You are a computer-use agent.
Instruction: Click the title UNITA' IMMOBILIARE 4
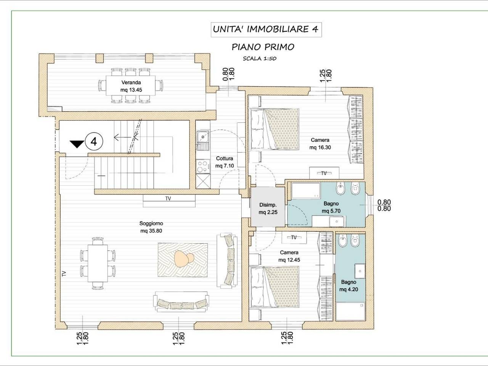266,29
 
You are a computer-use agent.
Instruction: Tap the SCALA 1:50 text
260,58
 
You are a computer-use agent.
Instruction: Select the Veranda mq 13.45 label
131,86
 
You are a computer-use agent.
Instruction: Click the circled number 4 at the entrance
94,141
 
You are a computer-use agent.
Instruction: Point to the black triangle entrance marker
77,144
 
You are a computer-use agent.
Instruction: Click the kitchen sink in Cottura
203,140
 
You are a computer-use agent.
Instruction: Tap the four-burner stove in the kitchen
203,166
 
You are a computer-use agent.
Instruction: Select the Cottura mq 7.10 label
225,162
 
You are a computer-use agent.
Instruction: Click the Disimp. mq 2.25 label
268,209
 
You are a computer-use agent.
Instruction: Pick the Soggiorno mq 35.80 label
151,227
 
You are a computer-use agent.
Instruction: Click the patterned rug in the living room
183,260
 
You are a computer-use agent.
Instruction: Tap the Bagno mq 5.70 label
331,207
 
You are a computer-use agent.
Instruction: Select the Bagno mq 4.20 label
348,286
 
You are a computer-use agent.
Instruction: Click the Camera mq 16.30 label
320,144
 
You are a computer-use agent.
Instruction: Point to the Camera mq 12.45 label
289,256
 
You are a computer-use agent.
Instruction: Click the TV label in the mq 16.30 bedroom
324,173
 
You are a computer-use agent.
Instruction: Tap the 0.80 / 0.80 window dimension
384,205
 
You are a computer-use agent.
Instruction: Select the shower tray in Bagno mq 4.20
350,311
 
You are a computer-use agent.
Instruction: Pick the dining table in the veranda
131,85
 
